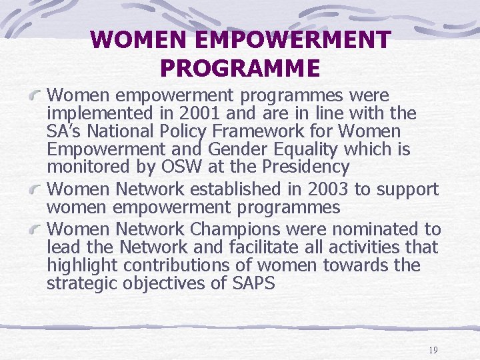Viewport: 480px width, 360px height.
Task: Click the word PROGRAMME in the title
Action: pyautogui.click(x=240, y=68)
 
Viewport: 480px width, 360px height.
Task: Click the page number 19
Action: pyautogui.click(x=433, y=350)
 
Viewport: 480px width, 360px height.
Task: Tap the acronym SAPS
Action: pyautogui.click(x=253, y=283)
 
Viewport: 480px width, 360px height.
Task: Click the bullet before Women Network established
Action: pyautogui.click(x=37, y=190)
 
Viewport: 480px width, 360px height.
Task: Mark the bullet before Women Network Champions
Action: pyautogui.click(x=37, y=230)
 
